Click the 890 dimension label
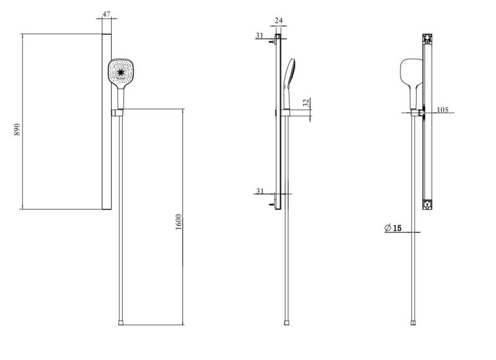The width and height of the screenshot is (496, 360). pyautogui.click(x=17, y=129)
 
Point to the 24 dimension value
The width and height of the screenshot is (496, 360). pyautogui.click(x=278, y=21)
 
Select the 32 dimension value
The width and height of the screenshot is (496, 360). pyautogui.click(x=306, y=103)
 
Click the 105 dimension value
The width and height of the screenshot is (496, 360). pyautogui.click(x=443, y=110)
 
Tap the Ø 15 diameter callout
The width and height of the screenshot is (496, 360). pyautogui.click(x=393, y=228)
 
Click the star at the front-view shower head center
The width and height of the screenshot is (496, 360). pyautogui.click(x=121, y=73)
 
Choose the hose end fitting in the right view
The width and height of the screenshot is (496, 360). pyautogui.click(x=414, y=322)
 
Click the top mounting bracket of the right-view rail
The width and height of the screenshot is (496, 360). pyautogui.click(x=427, y=38)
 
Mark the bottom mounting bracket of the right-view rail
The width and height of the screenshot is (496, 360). pyautogui.click(x=427, y=203)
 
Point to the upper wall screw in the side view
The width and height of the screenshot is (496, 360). pyautogui.click(x=273, y=42)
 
